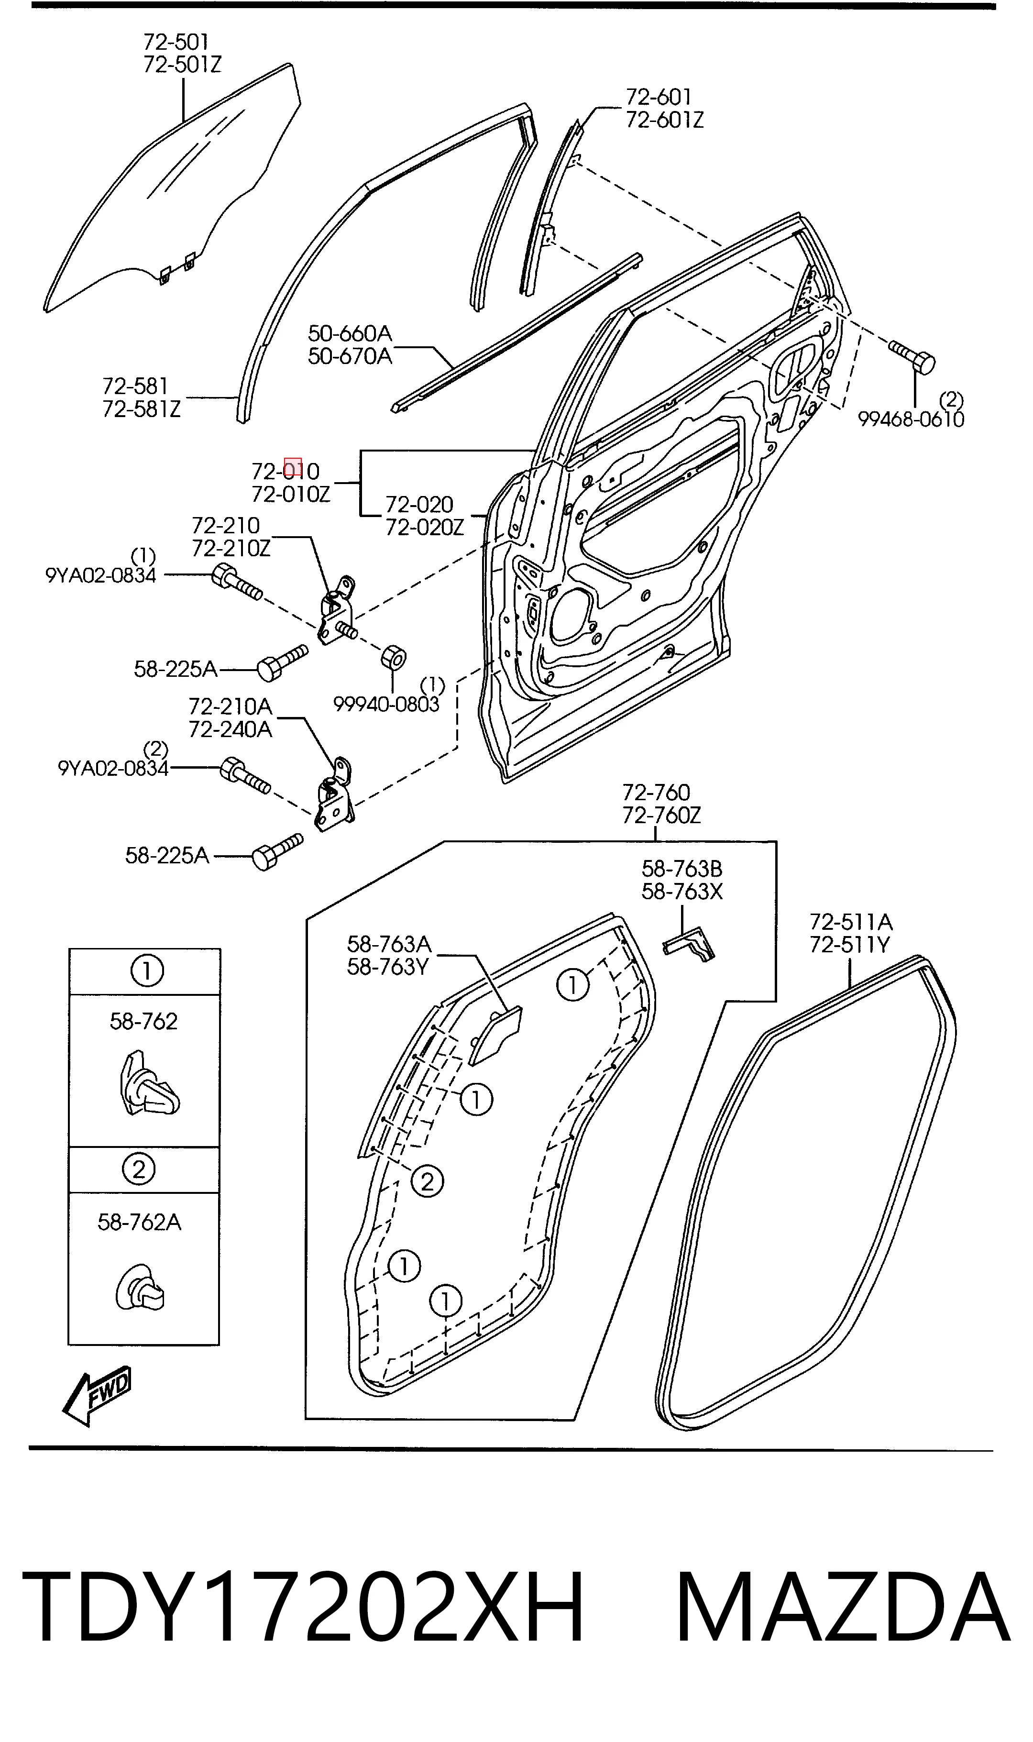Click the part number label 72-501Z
click(182, 65)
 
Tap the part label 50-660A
click(350, 333)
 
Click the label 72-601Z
click(665, 121)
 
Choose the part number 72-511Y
click(850, 945)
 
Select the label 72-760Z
click(661, 815)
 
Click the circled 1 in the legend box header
click(147, 971)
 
